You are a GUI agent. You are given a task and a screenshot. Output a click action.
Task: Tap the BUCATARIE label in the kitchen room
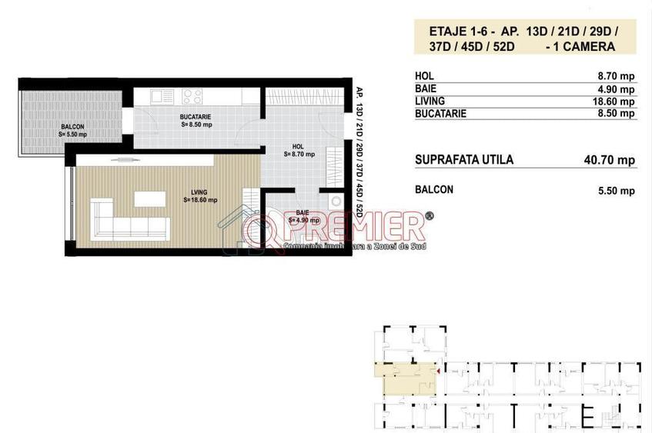(196, 116)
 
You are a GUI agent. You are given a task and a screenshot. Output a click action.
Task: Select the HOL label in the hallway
(298, 146)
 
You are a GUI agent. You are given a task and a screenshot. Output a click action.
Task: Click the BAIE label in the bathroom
(303, 212)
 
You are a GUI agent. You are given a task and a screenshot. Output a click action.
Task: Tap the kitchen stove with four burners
(192, 97)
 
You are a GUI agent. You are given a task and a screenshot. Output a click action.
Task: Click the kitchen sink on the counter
(162, 97)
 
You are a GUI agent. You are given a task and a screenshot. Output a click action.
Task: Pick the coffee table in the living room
(149, 199)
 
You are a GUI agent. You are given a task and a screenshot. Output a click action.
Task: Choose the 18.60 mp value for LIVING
(614, 102)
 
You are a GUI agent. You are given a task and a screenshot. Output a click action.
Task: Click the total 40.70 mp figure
(610, 160)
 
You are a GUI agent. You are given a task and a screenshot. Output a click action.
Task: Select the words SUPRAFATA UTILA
(463, 160)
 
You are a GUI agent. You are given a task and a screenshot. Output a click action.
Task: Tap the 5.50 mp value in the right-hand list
(617, 190)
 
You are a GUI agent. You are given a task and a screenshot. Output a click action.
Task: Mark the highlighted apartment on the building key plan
(404, 378)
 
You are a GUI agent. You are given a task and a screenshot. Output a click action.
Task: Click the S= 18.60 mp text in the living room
(200, 200)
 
